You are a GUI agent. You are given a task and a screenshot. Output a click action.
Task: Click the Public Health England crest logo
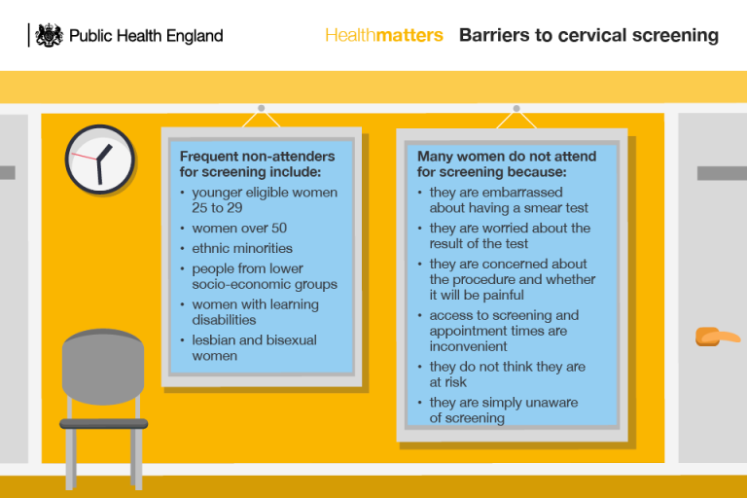(x=49, y=35)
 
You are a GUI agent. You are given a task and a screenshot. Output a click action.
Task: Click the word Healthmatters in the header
(x=383, y=35)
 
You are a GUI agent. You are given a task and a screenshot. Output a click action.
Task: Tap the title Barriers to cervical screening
(x=588, y=35)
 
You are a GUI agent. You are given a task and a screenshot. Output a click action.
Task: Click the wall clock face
(x=100, y=159)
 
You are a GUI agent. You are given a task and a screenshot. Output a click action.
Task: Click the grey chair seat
(x=104, y=424)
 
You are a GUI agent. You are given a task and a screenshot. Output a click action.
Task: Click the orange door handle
(x=717, y=338)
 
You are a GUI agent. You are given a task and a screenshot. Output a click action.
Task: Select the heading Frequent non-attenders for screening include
(x=257, y=163)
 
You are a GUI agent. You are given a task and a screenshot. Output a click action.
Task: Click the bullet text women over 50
(x=239, y=228)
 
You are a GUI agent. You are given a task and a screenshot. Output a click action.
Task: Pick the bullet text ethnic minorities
(x=242, y=248)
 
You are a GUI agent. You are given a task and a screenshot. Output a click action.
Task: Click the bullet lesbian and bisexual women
(x=254, y=347)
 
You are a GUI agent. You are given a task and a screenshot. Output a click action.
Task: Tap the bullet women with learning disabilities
(x=255, y=311)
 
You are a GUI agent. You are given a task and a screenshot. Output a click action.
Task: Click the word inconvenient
(x=469, y=346)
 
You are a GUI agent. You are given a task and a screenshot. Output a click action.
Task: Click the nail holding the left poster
(x=261, y=108)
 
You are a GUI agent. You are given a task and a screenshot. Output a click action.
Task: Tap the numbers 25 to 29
(x=217, y=207)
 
